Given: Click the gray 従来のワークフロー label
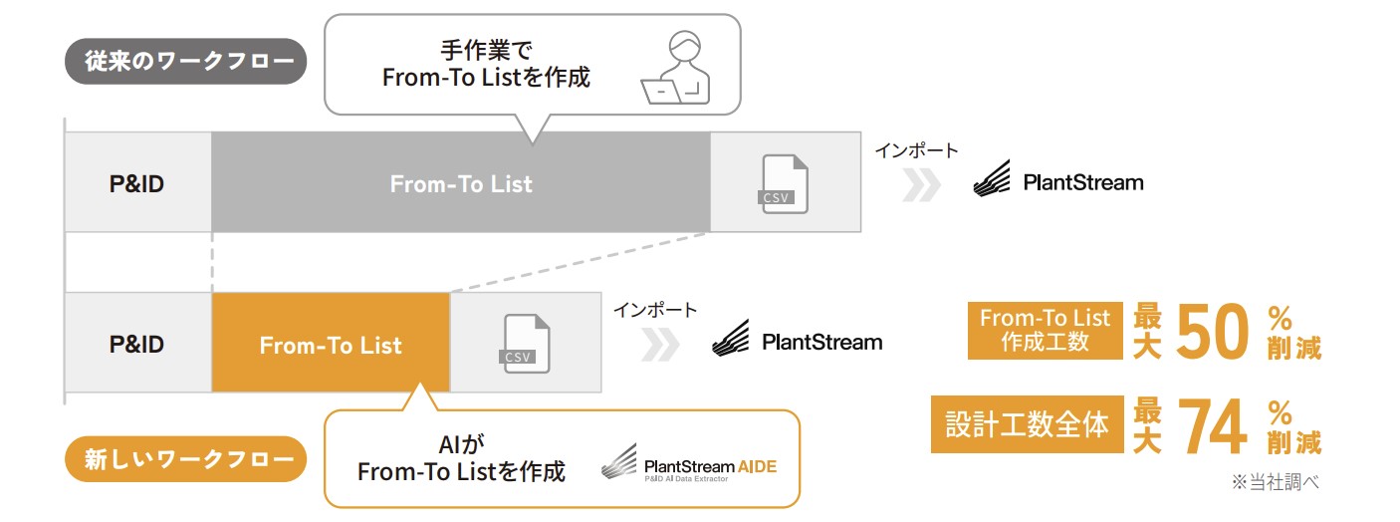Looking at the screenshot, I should click(x=185, y=62).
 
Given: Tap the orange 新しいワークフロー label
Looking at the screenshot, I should click(x=185, y=459).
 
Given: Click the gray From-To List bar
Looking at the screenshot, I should click(x=460, y=184).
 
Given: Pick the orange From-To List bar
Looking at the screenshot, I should click(x=331, y=345).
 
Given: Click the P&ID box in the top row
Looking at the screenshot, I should click(x=137, y=184).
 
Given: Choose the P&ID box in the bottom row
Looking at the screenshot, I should click(x=137, y=345).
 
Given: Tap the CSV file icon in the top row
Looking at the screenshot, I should click(x=784, y=184).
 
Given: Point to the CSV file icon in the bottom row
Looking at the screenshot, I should click(x=526, y=344).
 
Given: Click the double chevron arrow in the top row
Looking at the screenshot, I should click(x=921, y=184).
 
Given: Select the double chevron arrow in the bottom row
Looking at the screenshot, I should click(x=660, y=344).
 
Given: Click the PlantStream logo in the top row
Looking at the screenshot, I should click(x=1057, y=182).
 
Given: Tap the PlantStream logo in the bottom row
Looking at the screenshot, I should click(x=797, y=342).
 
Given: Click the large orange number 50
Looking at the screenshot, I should click(x=1212, y=332).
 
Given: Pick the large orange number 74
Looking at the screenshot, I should click(x=1212, y=426).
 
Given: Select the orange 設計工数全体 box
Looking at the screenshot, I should click(x=1027, y=425).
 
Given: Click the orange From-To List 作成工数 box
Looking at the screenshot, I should click(x=1045, y=331).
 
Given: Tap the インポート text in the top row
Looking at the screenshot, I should click(x=916, y=150).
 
